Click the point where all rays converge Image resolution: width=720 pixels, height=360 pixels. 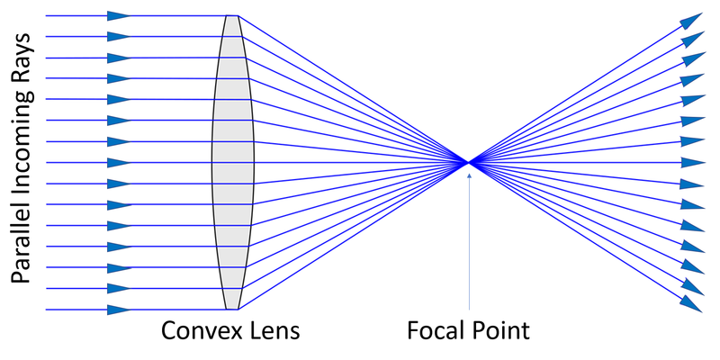(x=469, y=162)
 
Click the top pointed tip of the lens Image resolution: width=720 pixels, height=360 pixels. (x=232, y=16)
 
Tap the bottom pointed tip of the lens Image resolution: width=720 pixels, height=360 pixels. (x=232, y=309)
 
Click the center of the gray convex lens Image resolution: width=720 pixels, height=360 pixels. (x=233, y=162)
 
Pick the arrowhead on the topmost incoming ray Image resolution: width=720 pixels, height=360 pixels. (x=118, y=15)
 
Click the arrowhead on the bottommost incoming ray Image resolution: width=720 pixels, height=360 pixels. (x=118, y=310)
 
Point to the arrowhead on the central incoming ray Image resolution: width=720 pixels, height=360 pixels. (x=118, y=162)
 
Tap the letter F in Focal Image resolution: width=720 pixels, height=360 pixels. (x=410, y=330)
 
